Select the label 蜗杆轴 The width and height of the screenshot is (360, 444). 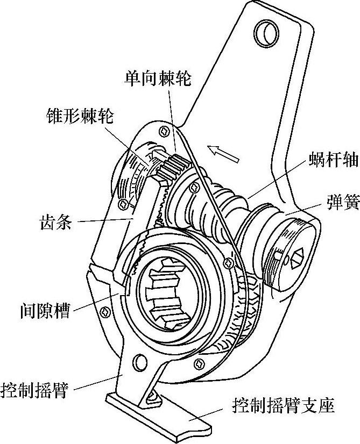333,161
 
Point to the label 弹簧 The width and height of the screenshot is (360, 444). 338,202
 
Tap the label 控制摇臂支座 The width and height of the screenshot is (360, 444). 283,405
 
